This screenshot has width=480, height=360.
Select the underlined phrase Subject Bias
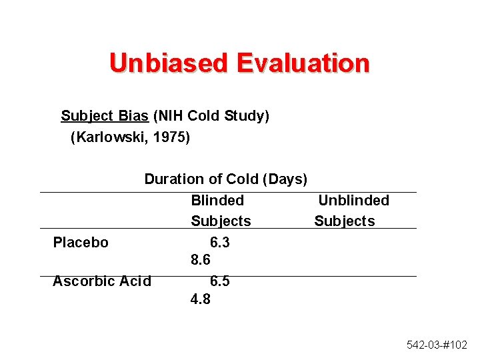pos(105,116)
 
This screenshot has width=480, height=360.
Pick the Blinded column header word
pos(217,201)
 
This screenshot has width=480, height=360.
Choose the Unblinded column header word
pos(353,201)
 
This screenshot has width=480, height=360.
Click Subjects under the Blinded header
pos(221,221)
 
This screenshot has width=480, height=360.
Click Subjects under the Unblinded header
pos(345,221)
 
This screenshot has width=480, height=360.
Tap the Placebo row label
pos(80,243)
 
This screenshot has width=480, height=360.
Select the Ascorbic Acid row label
pos(101,281)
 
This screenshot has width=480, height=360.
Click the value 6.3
pos(220,243)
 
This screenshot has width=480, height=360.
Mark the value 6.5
pos(220,281)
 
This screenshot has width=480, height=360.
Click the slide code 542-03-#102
pos(437,345)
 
